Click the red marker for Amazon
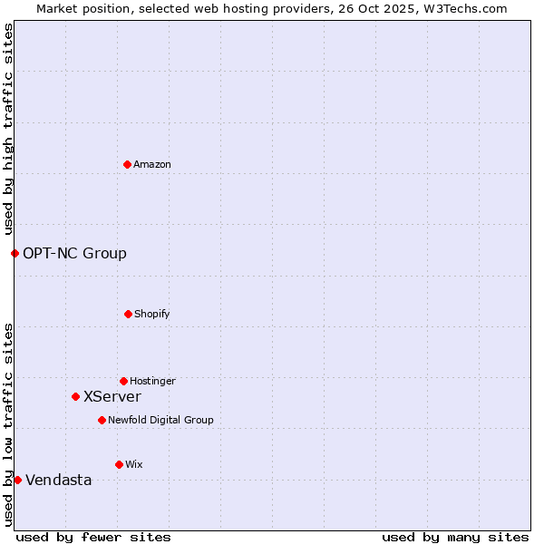pyautogui.click(x=127, y=164)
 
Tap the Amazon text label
pyautogui.click(x=152, y=165)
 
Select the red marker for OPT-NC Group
pyautogui.click(x=15, y=253)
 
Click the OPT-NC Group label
pyautogui.click(x=74, y=254)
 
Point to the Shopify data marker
pyautogui.click(x=128, y=314)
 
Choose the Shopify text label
pyautogui.click(x=152, y=315)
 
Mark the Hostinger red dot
pyautogui.click(x=123, y=381)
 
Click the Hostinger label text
pyautogui.click(x=152, y=382)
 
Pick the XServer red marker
pyautogui.click(x=75, y=396)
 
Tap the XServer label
pyautogui.click(x=112, y=397)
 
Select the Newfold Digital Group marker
pyautogui.click(x=102, y=420)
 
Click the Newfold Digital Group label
pyautogui.click(x=160, y=421)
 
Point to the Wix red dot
pyautogui.click(x=119, y=464)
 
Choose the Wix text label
pyautogui.click(x=134, y=465)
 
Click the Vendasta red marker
pyautogui.click(x=17, y=480)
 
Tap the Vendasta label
pyautogui.click(x=59, y=481)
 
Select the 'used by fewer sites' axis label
pyautogui.click(x=93, y=538)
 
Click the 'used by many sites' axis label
pyautogui.click(x=455, y=538)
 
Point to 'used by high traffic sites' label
pyautogui.click(x=8, y=129)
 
